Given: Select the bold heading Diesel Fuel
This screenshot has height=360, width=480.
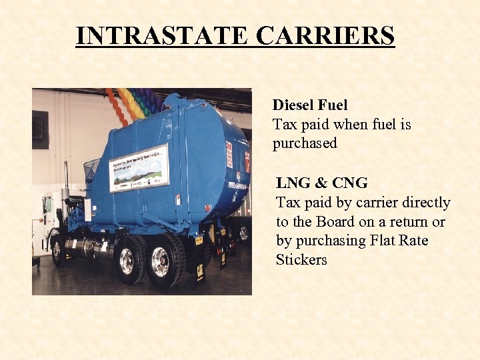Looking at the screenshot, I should point(310,105).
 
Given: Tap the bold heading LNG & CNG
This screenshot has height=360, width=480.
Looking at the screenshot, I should point(321,183).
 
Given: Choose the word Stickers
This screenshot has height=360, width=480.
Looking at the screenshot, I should point(301,260).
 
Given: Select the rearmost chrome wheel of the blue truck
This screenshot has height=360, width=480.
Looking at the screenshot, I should point(160,261).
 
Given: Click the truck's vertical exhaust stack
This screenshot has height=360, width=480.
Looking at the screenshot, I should point(65,183).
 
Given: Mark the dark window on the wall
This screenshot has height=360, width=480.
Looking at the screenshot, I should point(40,129).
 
